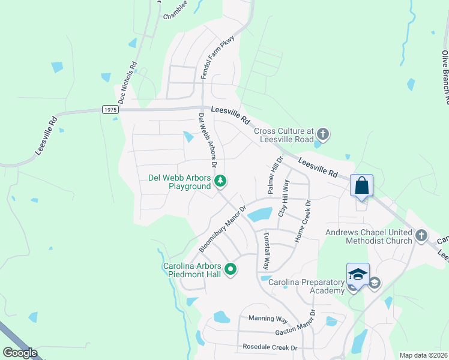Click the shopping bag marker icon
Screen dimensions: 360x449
pos(362,185)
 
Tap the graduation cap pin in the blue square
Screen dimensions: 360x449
pos(358,274)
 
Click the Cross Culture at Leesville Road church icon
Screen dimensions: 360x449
pos(323,134)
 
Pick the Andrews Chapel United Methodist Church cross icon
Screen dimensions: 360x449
pos(421,235)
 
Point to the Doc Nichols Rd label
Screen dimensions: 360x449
pos(128,83)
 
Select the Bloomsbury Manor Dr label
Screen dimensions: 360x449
pos(223,230)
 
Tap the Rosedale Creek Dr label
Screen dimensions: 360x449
pos(270,347)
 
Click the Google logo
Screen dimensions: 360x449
pos(20,353)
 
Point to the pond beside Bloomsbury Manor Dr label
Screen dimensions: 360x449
pos(259,214)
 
